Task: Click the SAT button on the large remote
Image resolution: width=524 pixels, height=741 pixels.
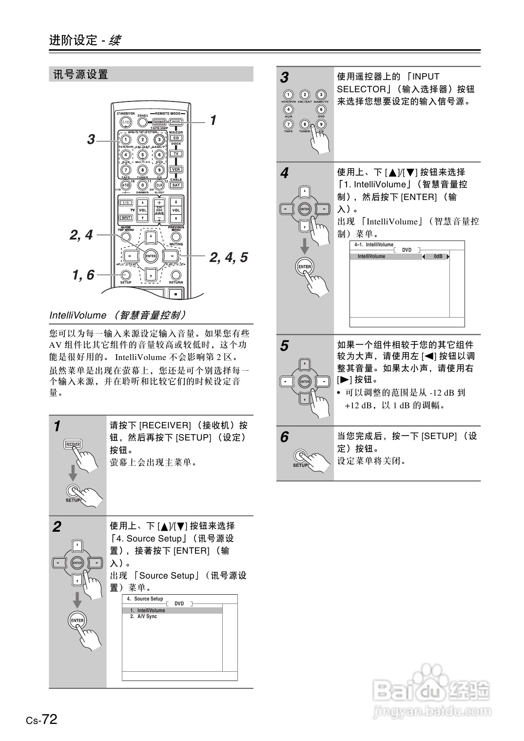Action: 176,185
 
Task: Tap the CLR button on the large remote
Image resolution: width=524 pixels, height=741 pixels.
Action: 159,185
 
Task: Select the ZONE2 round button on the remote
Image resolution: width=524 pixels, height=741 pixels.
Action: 142,122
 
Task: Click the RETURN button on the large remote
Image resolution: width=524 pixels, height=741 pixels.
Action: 176,275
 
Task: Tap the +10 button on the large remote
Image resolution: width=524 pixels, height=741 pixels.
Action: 126,185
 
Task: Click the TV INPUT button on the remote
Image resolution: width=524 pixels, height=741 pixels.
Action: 126,218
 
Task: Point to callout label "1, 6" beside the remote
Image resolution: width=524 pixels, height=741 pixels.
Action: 83,275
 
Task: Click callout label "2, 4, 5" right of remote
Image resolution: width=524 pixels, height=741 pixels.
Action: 229,257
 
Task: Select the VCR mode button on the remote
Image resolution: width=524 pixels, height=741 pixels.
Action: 176,169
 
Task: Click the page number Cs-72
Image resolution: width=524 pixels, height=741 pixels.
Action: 42,720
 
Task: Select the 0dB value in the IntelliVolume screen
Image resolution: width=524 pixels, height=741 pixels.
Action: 438,257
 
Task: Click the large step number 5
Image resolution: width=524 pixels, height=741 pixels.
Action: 284,346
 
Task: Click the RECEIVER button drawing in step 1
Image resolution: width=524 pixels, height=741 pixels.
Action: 73,444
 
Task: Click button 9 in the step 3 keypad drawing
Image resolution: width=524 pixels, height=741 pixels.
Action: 321,124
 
